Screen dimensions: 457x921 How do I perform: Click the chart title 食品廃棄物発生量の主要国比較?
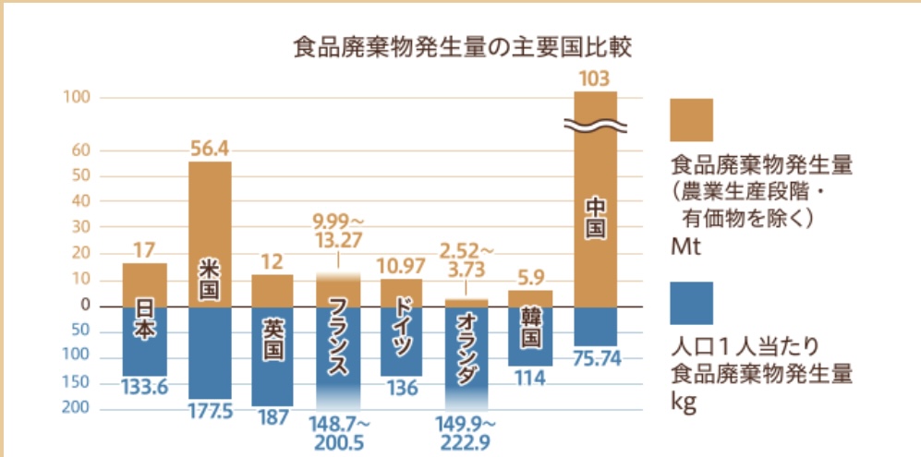[461, 47]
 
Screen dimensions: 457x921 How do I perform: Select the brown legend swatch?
[691, 120]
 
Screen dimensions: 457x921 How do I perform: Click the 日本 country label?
[145, 319]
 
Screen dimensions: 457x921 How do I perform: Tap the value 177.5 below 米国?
[210, 412]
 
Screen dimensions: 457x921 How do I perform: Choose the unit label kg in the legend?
[681, 403]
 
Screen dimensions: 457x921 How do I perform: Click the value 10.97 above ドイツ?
[401, 267]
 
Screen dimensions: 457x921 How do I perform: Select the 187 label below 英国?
[273, 418]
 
